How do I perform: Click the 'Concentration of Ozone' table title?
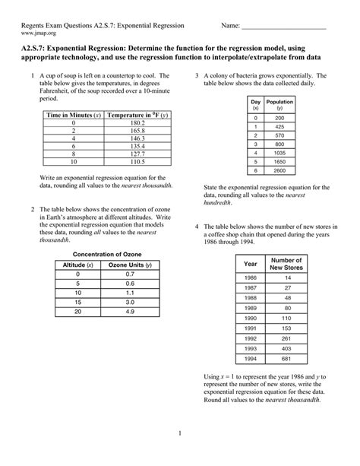pos(106,254)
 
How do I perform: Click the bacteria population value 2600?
pos(280,171)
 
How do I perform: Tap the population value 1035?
pos(280,152)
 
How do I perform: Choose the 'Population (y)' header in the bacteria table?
pos(280,105)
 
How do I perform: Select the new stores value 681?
pos(287,358)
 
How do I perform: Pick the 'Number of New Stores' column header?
pos(287,263)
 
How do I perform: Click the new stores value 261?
pos(287,338)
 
